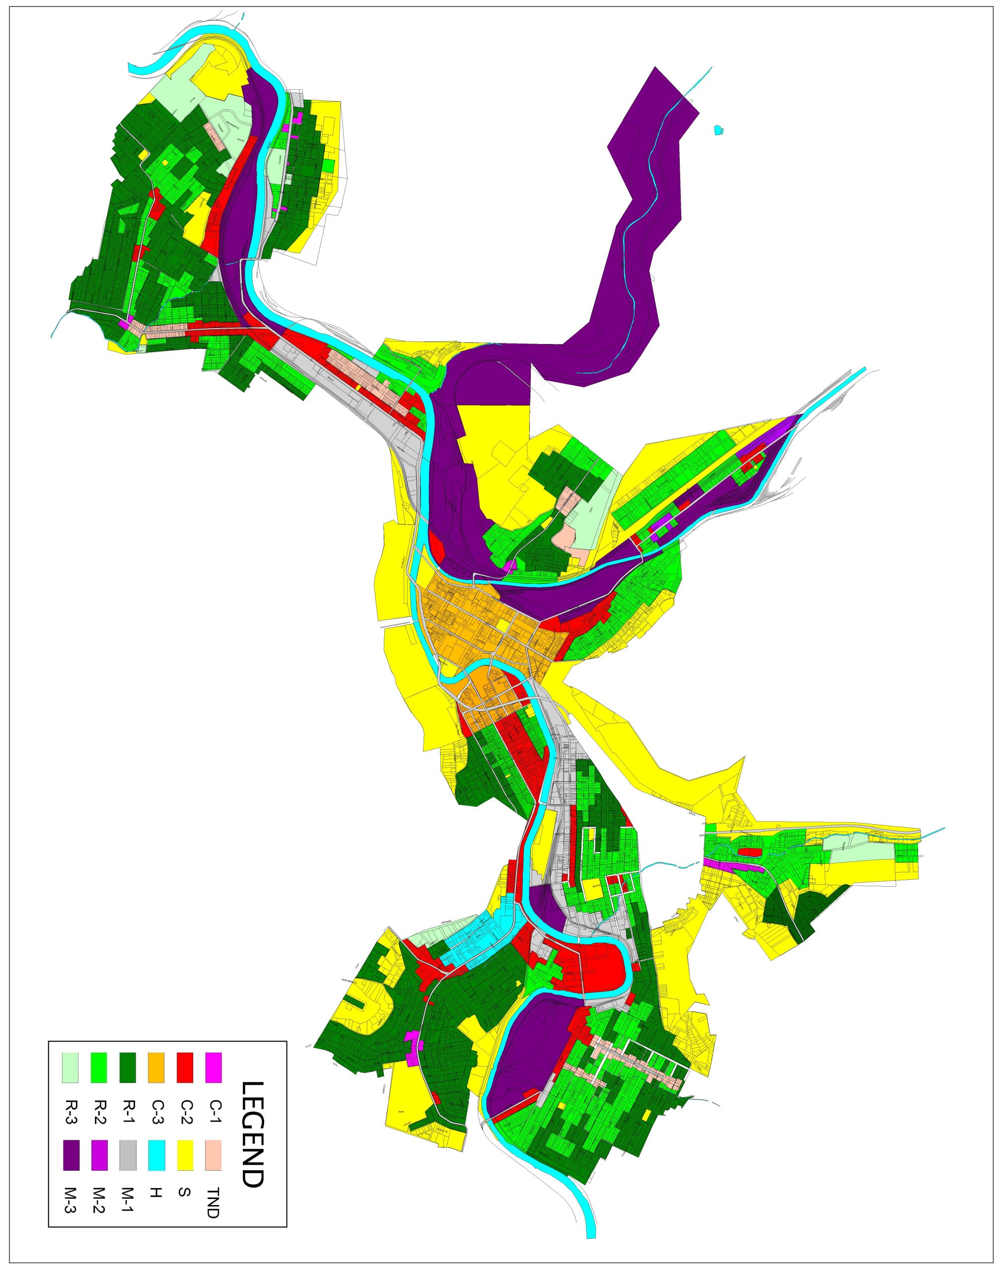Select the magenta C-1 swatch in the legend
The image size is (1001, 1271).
(x=214, y=1067)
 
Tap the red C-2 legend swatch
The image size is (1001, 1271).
(x=185, y=1067)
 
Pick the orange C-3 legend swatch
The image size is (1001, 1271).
(x=156, y=1067)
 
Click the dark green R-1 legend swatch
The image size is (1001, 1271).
(x=128, y=1067)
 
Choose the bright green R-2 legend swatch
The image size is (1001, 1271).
(x=99, y=1067)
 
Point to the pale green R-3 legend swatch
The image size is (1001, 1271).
(x=71, y=1067)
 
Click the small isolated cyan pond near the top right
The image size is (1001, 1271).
(x=719, y=130)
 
